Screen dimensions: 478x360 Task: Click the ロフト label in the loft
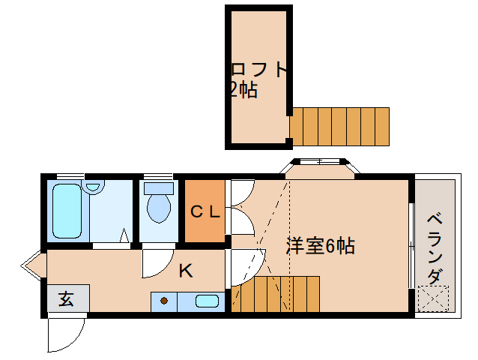259,70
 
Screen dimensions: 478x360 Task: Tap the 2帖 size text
244,90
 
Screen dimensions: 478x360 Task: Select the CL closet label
205,211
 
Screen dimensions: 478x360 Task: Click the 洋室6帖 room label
321,246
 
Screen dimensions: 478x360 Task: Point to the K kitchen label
186,270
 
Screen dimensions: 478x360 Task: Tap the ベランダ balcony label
435,249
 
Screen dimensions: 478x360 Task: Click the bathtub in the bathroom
67,211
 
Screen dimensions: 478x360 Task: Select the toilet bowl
159,208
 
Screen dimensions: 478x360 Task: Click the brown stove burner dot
164,301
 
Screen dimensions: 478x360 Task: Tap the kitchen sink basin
207,301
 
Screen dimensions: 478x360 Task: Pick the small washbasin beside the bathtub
94,187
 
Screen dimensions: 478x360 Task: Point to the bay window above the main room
319,169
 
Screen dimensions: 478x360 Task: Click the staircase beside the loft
339,127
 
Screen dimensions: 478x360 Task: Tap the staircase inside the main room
275,294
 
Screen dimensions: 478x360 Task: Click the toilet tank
159,188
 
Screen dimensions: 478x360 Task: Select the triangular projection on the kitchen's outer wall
31,265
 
